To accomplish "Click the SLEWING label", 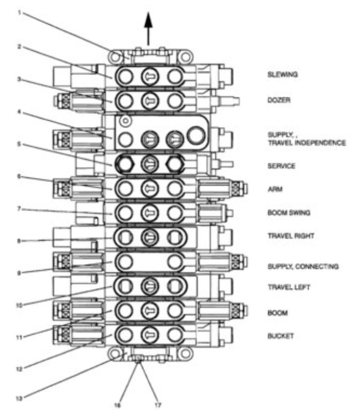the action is (x=283, y=75).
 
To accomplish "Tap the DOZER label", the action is (x=279, y=100).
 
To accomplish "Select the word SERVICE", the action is (x=282, y=166).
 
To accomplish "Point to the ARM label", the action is (x=275, y=189).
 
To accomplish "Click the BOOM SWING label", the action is (x=289, y=212).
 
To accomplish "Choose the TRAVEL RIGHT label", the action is (x=291, y=236).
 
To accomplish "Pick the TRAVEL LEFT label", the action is (x=289, y=287).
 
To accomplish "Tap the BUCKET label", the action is (x=281, y=336).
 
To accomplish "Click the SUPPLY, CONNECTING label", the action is (x=303, y=266).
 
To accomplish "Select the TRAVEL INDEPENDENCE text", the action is (x=307, y=143).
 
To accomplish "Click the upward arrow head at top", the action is (x=148, y=20).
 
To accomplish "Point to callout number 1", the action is (x=19, y=12).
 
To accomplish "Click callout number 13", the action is (x=19, y=398).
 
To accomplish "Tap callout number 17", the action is (x=158, y=405).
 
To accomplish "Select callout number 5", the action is (x=19, y=144).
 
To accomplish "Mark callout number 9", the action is (x=19, y=273).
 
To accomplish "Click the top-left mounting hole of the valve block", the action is (x=115, y=57).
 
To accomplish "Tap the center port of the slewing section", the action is (x=150, y=77).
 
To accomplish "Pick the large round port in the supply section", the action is (x=196, y=135).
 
